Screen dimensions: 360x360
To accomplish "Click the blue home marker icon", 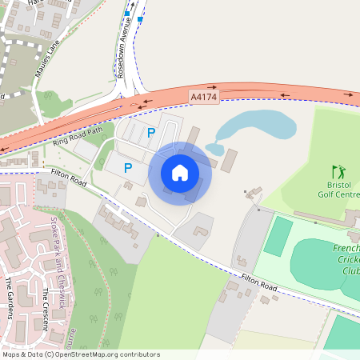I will (180, 172).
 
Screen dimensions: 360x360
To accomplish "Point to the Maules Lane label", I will (48, 60).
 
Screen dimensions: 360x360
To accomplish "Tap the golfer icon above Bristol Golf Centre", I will (337, 170).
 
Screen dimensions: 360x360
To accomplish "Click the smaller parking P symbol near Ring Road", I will (150, 134).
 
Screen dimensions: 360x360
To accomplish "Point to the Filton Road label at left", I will (68, 178).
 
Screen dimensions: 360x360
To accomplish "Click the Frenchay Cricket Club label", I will (346, 259).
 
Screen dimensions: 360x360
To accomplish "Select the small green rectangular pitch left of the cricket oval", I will (278, 236).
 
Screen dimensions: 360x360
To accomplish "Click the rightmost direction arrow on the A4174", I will (349, 94).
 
